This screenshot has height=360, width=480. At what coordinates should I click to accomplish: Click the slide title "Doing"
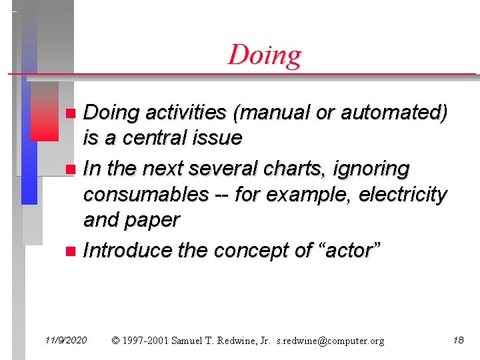265,55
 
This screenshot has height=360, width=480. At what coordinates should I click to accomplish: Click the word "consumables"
145,195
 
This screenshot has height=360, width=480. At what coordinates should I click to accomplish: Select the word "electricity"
403,195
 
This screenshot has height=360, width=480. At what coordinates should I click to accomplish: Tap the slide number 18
458,341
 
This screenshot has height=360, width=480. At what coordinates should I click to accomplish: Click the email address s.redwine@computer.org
330,341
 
